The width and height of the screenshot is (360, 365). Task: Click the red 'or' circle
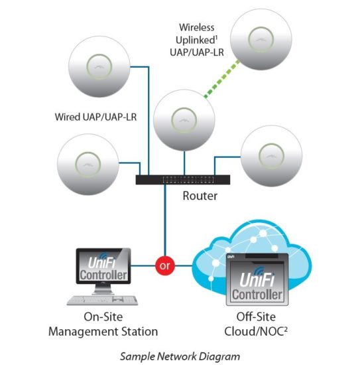tap(165, 265)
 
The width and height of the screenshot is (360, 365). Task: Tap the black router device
tap(183, 180)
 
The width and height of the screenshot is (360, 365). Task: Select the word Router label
tap(200, 196)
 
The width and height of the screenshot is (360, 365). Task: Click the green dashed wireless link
tap(221, 78)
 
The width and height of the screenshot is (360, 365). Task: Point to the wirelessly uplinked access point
tap(261, 39)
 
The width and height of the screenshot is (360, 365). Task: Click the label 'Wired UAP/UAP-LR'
tap(95, 117)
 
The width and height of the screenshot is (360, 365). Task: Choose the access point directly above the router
tap(184, 120)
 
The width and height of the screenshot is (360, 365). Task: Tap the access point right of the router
tap(271, 156)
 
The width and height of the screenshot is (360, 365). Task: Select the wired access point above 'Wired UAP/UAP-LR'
tap(99, 67)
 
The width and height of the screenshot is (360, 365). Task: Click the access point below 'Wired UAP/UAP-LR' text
tap(88, 165)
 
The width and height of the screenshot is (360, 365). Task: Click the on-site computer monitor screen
tap(103, 266)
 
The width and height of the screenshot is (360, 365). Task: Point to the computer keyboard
tap(102, 300)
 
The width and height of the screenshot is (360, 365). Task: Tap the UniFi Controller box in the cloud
tap(257, 279)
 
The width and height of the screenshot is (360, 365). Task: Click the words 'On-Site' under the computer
tap(103, 317)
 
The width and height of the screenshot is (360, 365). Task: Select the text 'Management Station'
tap(103, 331)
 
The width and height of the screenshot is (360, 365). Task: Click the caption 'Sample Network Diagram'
tap(180, 356)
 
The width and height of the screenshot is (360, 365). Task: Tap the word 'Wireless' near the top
tap(197, 27)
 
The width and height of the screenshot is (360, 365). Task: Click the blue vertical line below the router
tap(165, 220)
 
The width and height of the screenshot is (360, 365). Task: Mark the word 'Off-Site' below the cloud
tap(256, 317)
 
